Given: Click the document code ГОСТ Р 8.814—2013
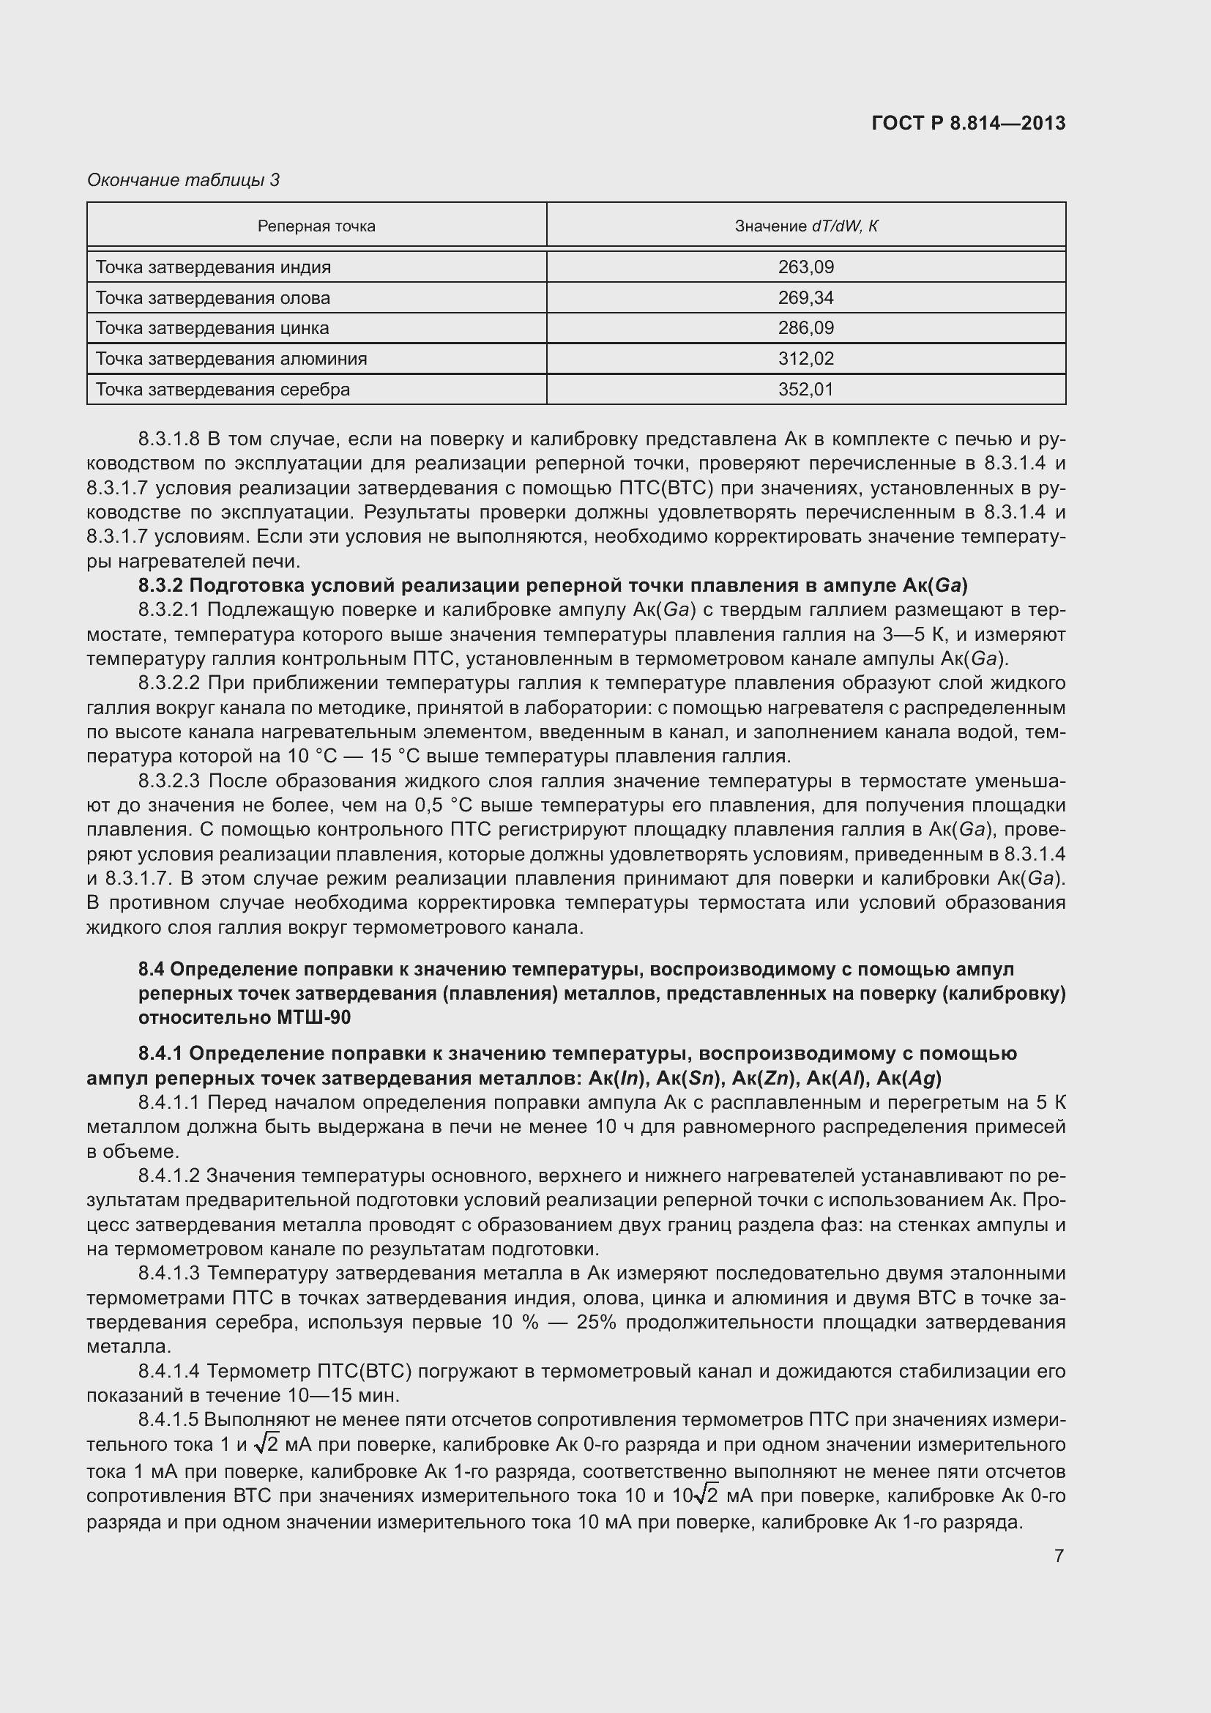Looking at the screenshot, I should point(968,123).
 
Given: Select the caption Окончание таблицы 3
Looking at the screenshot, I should point(184,180).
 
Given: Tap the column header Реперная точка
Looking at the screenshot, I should point(316,226).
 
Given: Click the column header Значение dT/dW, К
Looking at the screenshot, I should point(806,226).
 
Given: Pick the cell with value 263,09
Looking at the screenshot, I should point(806,267).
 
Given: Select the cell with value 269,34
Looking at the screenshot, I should point(806,297).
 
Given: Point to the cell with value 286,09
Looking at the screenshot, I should point(806,328).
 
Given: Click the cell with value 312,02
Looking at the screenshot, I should point(806,359).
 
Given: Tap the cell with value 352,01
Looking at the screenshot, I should point(806,390).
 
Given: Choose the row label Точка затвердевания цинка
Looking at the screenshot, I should point(212,328).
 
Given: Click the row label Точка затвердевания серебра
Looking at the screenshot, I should point(223,390).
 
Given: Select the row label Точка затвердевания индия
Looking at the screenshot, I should point(213,267).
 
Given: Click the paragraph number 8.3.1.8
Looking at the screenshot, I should point(169,439).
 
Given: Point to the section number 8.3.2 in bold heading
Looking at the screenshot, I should point(161,586).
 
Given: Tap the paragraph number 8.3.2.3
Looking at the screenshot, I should point(169,781).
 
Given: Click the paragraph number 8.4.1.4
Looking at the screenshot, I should point(169,1371).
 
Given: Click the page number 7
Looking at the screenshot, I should point(1059,1556).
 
